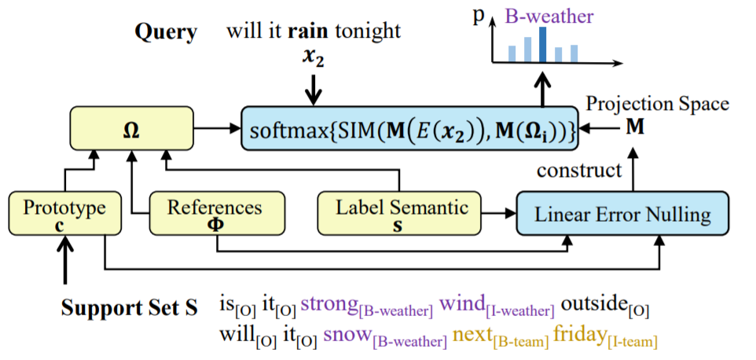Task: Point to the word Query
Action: (166, 32)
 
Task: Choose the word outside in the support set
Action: (593, 303)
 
